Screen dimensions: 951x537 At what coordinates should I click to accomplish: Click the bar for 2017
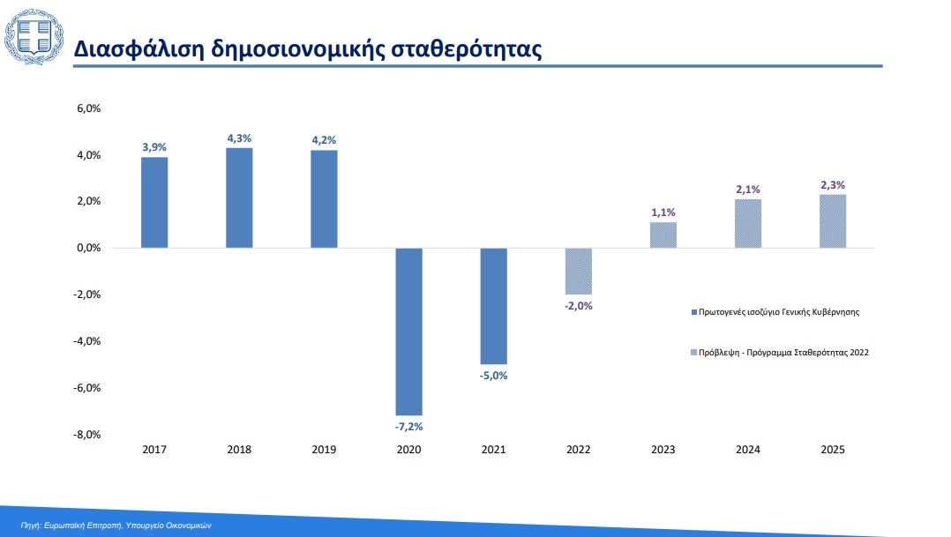coord(154,203)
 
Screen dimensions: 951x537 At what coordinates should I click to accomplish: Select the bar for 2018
coord(239,198)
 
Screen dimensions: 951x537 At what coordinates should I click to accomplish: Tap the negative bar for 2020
coord(408,332)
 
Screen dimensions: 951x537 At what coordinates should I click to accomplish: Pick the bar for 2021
coord(494,306)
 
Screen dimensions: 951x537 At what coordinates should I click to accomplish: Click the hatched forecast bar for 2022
coord(579,272)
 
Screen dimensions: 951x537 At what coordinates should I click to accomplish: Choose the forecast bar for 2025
coord(833,221)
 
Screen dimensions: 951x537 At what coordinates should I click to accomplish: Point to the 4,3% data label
coord(239,138)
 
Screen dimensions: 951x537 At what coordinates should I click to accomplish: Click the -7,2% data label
coord(408,427)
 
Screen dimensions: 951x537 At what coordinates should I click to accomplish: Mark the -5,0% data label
coord(494,376)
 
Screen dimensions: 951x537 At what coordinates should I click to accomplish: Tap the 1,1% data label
coord(663,213)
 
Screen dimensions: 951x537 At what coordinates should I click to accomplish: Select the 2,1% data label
coord(748,190)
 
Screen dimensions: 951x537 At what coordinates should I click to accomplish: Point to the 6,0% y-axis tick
coord(88,108)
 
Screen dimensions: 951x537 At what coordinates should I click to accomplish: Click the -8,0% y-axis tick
coord(86,435)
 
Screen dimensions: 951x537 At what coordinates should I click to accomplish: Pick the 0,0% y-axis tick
coord(88,248)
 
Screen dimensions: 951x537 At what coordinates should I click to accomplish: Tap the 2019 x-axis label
coord(324,450)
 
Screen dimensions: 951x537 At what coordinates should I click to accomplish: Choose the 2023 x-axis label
coord(663,450)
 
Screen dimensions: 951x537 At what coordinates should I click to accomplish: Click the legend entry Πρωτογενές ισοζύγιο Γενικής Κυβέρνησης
coord(775,312)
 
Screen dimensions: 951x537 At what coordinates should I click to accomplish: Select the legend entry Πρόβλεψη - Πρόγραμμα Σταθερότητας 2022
coord(780,352)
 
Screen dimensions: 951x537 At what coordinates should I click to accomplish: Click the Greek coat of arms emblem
coord(34,37)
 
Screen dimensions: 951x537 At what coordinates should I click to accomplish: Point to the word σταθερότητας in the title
coord(467,49)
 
